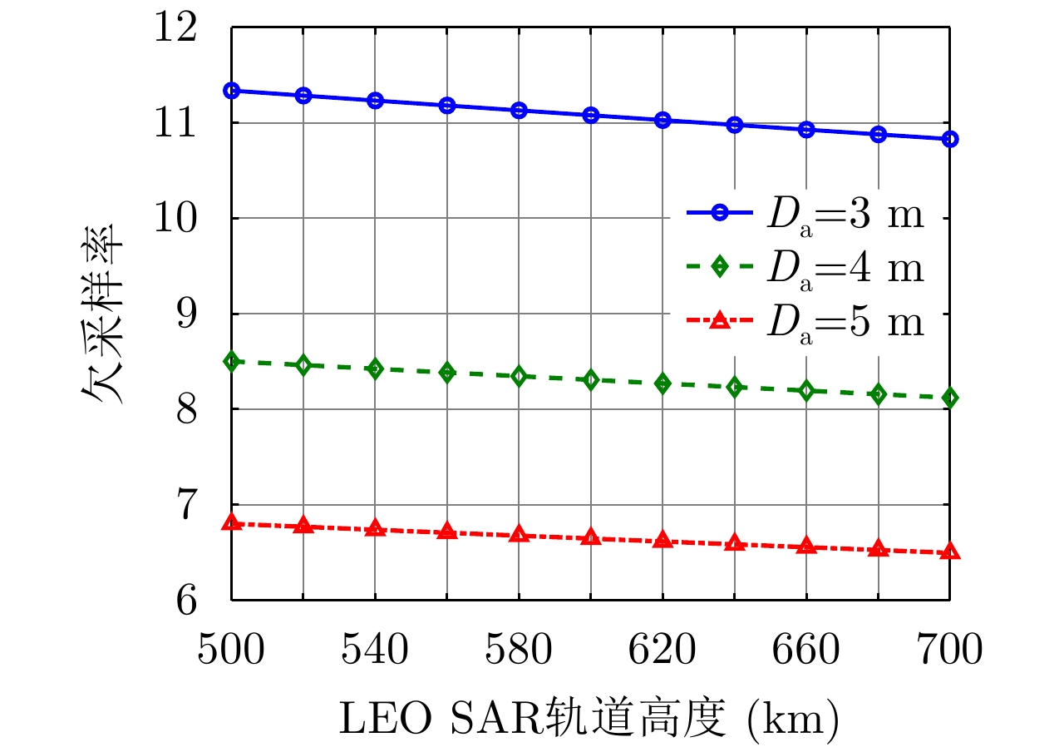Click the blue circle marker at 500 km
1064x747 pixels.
[232, 91]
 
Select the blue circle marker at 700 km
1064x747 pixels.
[950, 139]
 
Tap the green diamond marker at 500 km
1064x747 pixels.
[232, 361]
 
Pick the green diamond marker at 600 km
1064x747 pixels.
[591, 380]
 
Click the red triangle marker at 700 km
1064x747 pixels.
[950, 552]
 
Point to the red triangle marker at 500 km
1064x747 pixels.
[232, 522]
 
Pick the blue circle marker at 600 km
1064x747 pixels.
[591, 115]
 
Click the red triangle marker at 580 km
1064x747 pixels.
[520, 534]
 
